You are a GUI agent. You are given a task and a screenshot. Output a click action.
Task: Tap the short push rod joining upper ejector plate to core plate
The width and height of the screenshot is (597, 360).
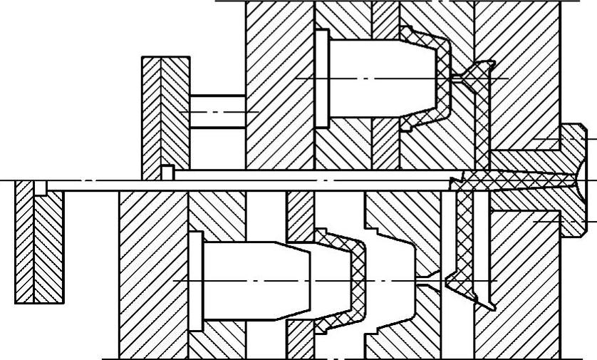tap(217, 113)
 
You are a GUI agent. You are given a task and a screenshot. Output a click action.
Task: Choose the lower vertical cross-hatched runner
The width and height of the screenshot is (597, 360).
tap(463, 235)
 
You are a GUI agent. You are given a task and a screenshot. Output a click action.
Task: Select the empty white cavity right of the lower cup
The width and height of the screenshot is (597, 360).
tap(392, 278)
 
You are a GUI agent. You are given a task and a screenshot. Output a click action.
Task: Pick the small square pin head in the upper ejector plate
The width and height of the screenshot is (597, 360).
tap(167, 173)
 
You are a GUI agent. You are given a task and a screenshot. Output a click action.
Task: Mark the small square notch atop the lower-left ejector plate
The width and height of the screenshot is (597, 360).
tap(41, 187)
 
